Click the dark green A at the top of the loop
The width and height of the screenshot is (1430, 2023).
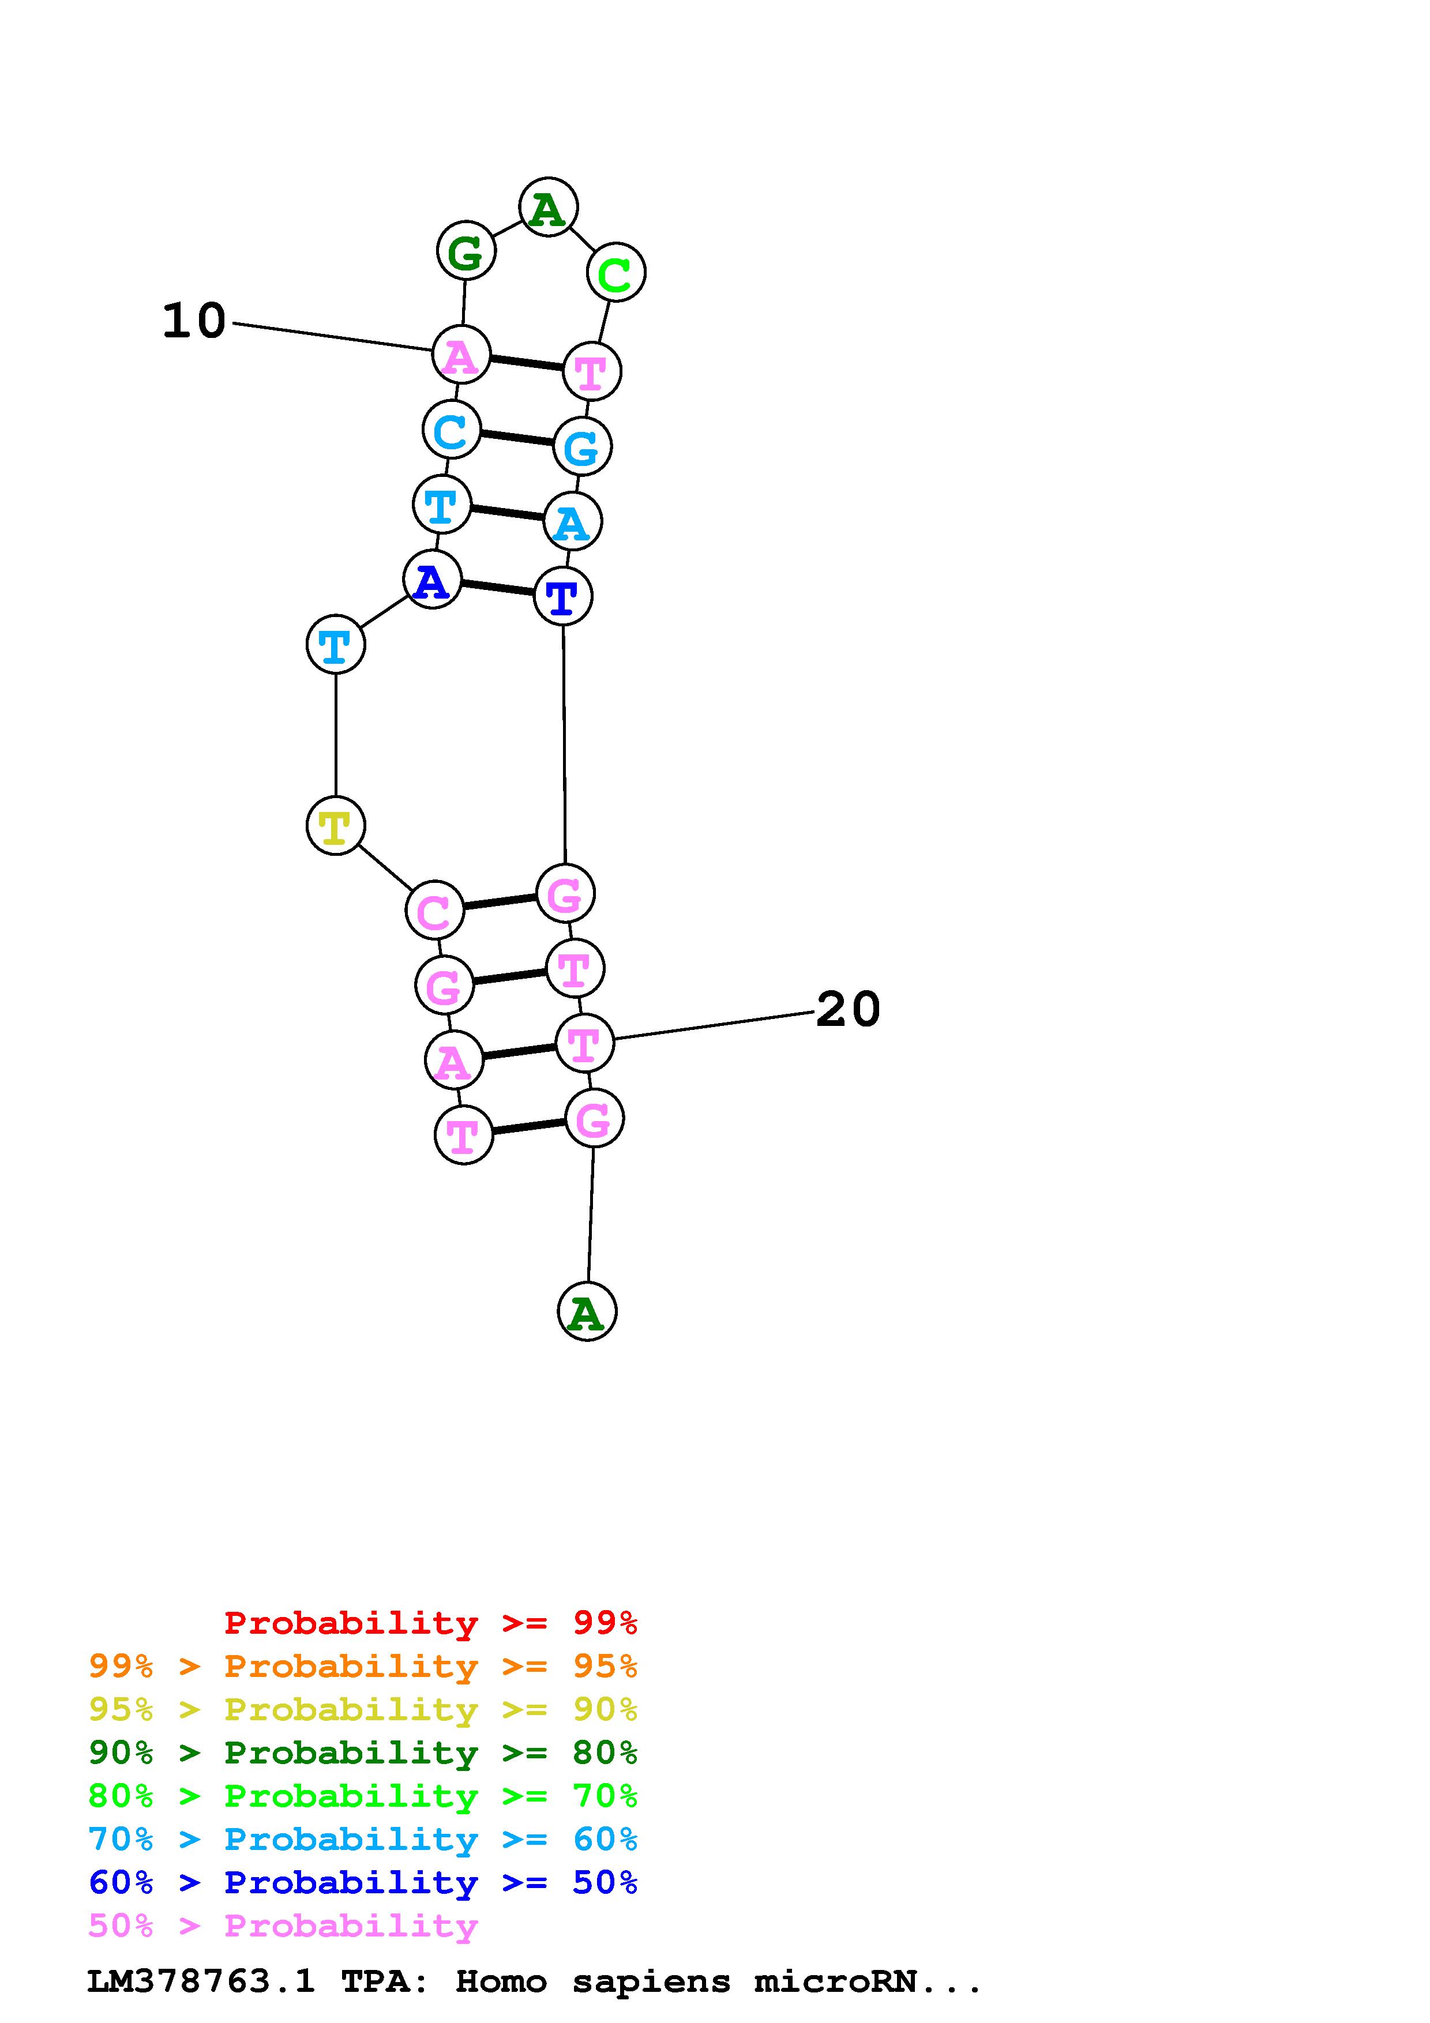pos(548,208)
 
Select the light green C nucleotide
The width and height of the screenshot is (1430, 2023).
pos(616,272)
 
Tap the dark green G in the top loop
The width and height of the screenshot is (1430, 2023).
pos(466,251)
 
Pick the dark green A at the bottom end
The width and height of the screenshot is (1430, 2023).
pos(587,1312)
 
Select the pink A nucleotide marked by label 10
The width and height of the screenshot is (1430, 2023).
pos(461,354)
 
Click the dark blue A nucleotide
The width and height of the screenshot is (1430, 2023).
pos(431,580)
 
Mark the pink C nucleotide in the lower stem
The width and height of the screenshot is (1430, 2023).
pos(434,910)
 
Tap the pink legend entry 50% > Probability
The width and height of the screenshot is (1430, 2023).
pos(283,1925)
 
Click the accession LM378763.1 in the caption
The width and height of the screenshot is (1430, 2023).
pos(201,1981)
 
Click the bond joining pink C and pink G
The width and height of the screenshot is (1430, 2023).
pos(500,901)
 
